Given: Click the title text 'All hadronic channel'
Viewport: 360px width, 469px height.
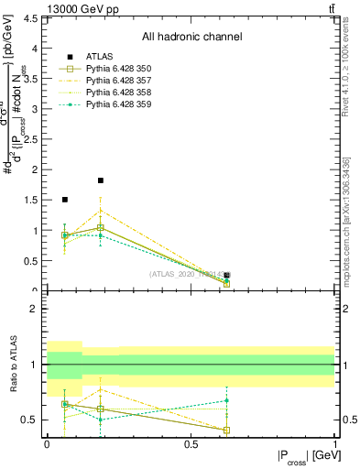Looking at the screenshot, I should point(191,38).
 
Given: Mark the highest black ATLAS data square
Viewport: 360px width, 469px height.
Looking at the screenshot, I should point(101,180).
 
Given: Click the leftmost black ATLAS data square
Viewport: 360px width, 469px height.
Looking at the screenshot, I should point(64,199).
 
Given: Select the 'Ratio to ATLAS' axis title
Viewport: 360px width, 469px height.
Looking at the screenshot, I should point(14,365).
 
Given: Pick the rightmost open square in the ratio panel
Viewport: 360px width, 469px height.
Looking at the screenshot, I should point(226,430).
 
